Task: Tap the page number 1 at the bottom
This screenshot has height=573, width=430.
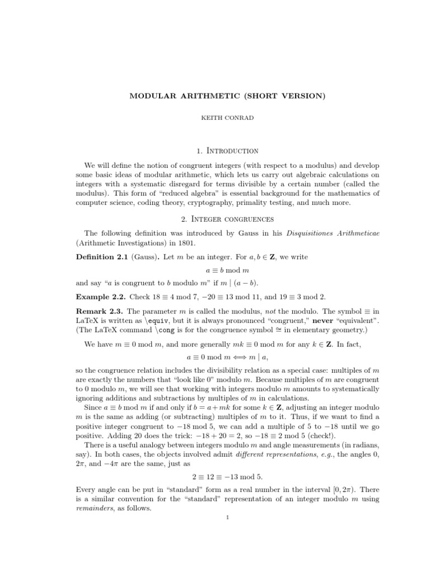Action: [x=227, y=518]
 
